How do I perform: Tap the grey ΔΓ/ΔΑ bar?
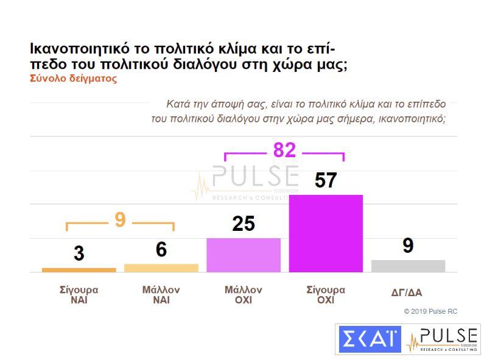tap(408, 266)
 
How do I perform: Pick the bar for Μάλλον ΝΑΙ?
tap(161, 267)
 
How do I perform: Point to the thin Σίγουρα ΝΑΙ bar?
tap(79, 270)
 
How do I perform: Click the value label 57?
tap(326, 180)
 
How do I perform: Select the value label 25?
tap(244, 224)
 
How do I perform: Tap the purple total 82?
tap(284, 150)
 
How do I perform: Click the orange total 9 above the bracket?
tap(120, 220)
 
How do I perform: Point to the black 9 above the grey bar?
tap(408, 245)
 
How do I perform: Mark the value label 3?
tap(79, 253)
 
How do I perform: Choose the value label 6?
tap(161, 250)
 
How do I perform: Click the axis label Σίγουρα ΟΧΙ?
tap(326, 295)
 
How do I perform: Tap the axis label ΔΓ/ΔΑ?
tap(407, 292)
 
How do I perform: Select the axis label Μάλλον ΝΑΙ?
tap(161, 295)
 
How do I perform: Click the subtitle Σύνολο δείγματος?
tap(72, 79)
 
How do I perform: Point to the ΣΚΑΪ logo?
tap(369, 339)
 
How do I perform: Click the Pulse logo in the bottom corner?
tap(442, 339)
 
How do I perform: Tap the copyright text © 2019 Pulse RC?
tap(430, 311)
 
